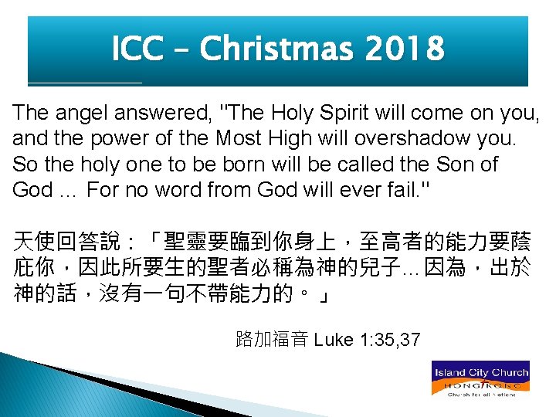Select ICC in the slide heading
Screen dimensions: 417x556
[x=137, y=49]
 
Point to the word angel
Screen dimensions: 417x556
[x=82, y=113]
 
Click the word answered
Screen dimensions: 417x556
[x=164, y=113]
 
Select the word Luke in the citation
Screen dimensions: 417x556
[x=335, y=339]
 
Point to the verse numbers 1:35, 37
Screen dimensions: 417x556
[x=390, y=339]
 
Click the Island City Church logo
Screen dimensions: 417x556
[x=480, y=378]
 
